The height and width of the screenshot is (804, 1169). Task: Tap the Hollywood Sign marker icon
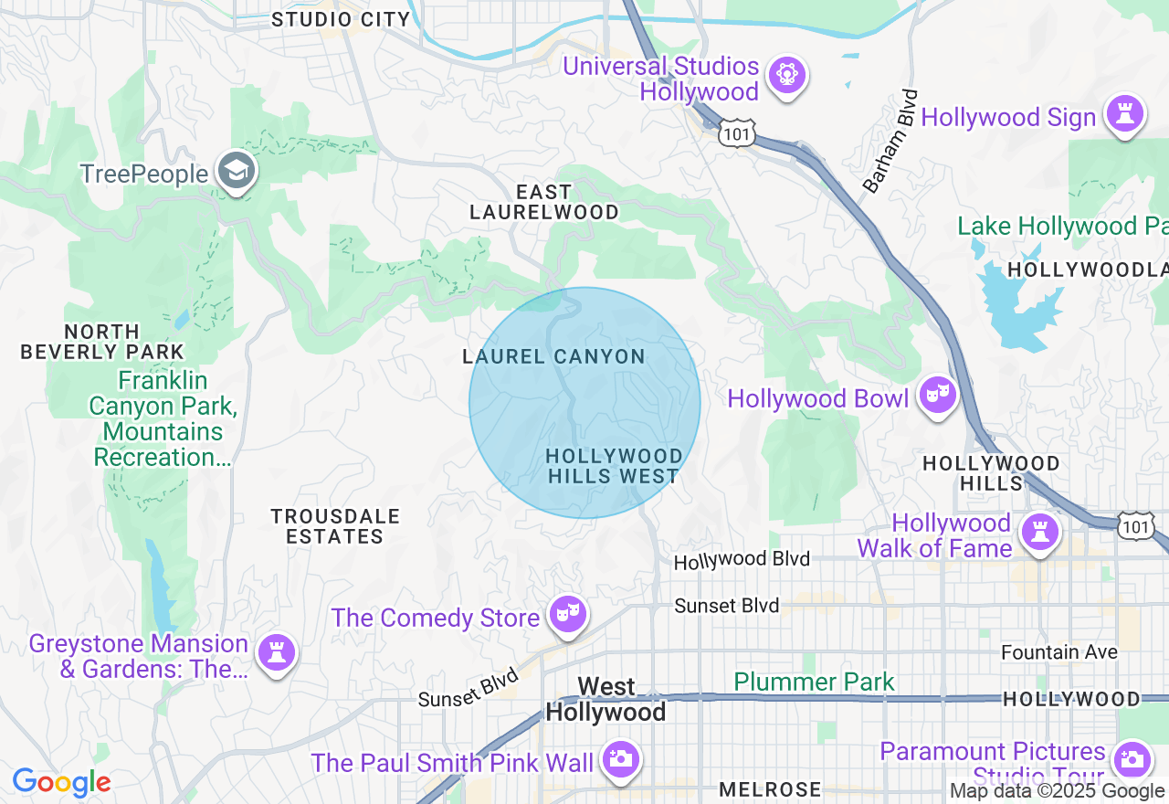click(1124, 114)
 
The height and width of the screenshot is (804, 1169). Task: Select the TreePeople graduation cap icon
click(237, 171)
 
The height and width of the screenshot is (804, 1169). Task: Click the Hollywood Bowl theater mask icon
click(937, 396)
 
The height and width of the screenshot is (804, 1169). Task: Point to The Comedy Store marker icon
click(567, 616)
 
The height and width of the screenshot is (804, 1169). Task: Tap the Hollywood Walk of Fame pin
click(1039, 533)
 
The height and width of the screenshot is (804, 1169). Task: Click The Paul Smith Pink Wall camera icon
click(621, 759)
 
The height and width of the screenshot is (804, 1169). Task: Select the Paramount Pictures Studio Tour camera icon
click(1132, 758)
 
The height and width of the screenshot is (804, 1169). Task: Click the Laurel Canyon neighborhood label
click(554, 357)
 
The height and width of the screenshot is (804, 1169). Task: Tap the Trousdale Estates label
click(335, 526)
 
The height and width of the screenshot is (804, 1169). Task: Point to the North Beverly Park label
click(102, 342)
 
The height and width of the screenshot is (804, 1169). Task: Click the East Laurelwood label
click(544, 202)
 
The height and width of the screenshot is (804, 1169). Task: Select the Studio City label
click(341, 19)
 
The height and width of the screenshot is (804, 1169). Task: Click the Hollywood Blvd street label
click(742, 560)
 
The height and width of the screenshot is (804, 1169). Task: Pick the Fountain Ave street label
click(1059, 652)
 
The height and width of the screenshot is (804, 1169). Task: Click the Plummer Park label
click(815, 682)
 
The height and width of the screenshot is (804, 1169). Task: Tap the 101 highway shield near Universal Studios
click(735, 134)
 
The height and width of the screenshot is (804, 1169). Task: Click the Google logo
click(61, 782)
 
